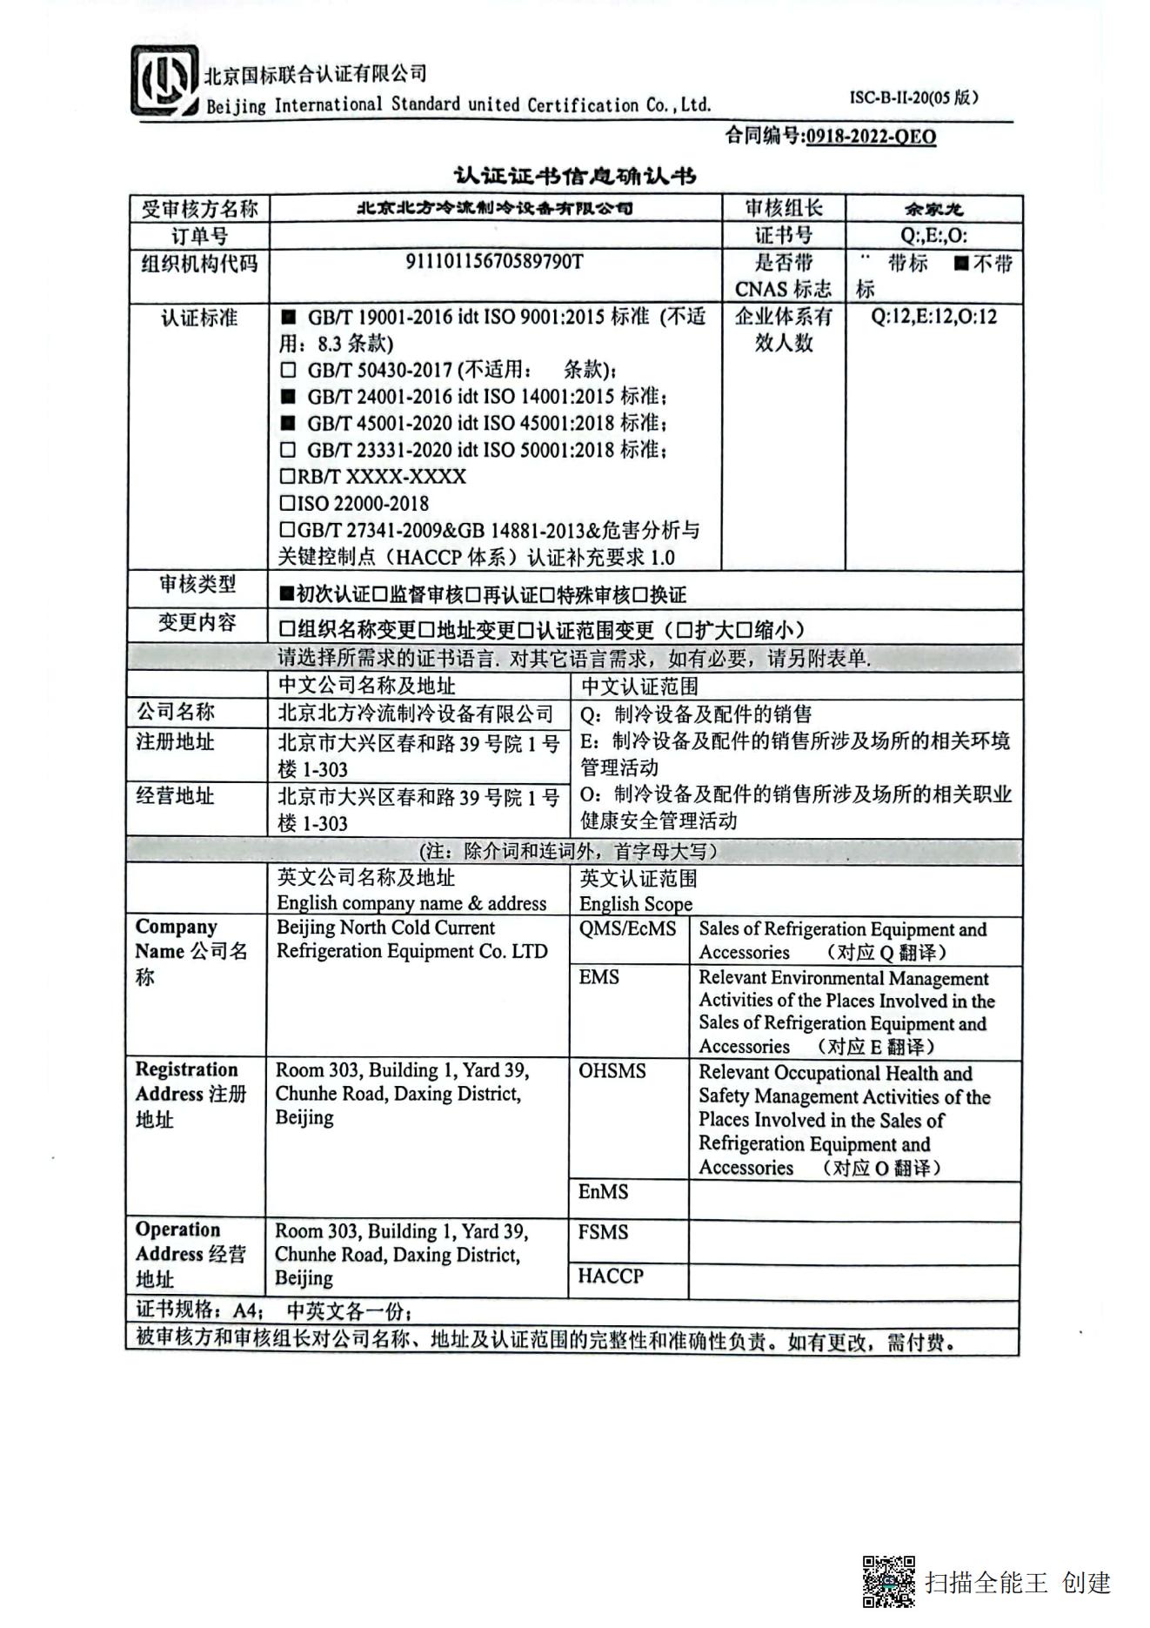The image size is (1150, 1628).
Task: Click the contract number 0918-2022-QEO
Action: click(871, 137)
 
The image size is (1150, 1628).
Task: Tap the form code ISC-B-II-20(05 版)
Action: click(913, 97)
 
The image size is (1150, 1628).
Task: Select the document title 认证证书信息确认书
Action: click(575, 176)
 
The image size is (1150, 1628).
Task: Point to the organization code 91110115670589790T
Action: click(494, 262)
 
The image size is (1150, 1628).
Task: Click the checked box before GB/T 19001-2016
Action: click(289, 317)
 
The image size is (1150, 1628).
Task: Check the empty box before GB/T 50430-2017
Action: click(289, 370)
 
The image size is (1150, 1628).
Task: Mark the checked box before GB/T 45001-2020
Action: click(289, 424)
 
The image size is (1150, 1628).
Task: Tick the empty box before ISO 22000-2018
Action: click(287, 503)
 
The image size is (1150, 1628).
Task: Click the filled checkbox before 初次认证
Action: click(286, 594)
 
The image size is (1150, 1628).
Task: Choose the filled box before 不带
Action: click(960, 264)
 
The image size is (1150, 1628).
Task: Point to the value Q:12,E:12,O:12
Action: click(933, 317)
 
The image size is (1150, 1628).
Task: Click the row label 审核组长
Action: click(783, 208)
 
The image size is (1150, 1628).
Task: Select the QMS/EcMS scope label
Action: click(627, 928)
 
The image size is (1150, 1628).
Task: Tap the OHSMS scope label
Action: click(612, 1071)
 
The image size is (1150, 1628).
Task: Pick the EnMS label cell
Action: click(603, 1191)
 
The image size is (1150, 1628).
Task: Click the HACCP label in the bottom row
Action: click(611, 1276)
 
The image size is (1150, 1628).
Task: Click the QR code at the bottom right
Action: click(888, 1581)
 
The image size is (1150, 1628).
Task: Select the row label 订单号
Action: click(199, 236)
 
